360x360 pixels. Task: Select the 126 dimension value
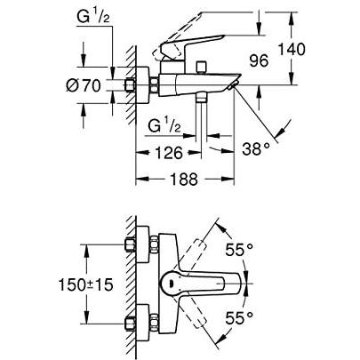(x=159, y=153)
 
